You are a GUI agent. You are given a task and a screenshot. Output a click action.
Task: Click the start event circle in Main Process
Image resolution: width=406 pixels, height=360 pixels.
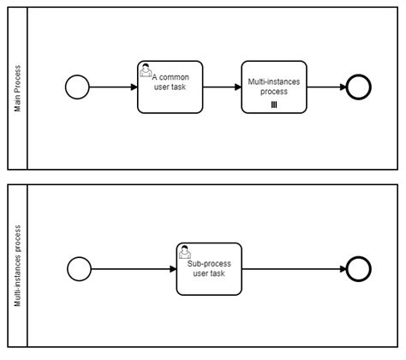click(x=77, y=87)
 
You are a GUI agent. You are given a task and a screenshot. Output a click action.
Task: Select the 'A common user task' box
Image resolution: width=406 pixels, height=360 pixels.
click(x=170, y=87)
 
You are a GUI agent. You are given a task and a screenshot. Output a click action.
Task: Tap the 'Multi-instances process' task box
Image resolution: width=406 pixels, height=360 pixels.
click(x=273, y=87)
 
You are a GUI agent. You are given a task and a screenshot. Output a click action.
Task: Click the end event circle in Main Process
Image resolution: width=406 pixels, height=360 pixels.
click(x=358, y=87)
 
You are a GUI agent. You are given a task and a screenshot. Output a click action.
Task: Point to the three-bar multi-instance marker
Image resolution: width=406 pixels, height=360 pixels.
click(x=273, y=105)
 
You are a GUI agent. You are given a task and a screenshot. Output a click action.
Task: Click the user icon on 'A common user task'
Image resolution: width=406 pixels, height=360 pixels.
click(x=146, y=70)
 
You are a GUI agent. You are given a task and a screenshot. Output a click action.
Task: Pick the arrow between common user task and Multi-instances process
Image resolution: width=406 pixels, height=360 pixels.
click(x=221, y=87)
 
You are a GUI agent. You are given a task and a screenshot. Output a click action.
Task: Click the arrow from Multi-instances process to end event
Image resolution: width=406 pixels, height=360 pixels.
click(x=325, y=87)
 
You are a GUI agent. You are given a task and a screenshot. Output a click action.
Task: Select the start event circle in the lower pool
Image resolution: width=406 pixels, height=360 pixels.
click(x=77, y=269)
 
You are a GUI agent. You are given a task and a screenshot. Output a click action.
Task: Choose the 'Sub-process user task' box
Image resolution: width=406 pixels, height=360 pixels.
click(x=209, y=269)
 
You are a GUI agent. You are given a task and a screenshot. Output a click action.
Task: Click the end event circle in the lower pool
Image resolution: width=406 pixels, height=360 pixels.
click(x=358, y=269)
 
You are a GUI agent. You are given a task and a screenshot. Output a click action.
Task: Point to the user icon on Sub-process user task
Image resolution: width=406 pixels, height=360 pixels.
click(x=185, y=252)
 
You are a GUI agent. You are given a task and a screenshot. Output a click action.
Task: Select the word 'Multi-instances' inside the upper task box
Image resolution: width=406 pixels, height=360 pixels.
click(x=274, y=81)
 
